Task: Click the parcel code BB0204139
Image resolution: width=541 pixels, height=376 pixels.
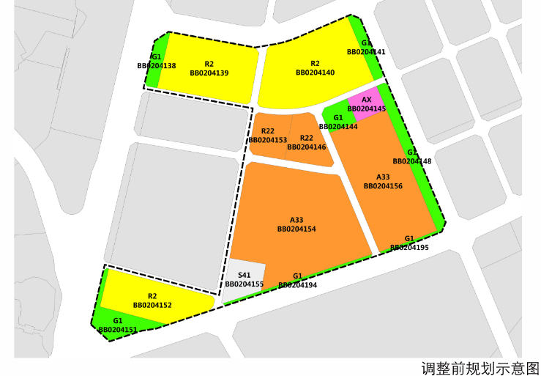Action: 209,73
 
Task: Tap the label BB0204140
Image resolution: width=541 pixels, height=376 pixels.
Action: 316,73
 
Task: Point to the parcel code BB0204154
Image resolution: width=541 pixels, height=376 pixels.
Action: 296,229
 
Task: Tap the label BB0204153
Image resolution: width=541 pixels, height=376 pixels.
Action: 268,140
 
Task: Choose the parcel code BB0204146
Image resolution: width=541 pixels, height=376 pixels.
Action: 307,147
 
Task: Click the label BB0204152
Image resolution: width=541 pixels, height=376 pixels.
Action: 152,305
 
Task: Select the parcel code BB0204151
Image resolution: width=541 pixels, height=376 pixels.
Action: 118,331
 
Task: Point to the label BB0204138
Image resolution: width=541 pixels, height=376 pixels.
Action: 157,66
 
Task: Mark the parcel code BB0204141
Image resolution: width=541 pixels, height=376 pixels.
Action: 366,52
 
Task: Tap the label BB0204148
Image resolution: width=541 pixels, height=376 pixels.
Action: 412,161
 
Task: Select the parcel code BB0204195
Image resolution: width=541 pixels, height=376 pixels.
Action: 409,248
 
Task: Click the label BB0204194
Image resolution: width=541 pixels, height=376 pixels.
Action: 297,285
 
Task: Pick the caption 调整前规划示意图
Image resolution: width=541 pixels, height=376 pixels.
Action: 480,366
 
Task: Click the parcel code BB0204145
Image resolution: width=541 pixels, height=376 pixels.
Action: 367,109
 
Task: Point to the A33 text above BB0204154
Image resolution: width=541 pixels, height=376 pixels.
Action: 296,220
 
